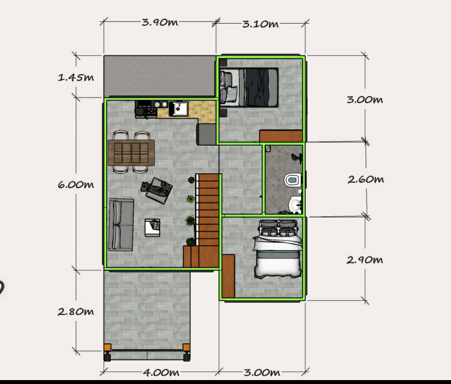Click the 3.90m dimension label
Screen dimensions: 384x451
(160, 23)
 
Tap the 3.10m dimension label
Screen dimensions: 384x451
(261, 24)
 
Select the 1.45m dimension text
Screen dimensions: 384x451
(75, 77)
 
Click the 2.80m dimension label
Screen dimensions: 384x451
(75, 312)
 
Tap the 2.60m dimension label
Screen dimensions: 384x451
(366, 179)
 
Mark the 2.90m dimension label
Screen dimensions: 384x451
(365, 260)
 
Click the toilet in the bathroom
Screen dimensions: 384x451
(292, 180)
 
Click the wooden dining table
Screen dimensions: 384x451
(131, 152)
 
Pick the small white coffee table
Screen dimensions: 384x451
(152, 227)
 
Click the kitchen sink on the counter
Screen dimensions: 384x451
(178, 108)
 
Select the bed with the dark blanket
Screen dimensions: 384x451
(250, 87)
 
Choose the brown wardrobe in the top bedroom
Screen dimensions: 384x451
(281, 136)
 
